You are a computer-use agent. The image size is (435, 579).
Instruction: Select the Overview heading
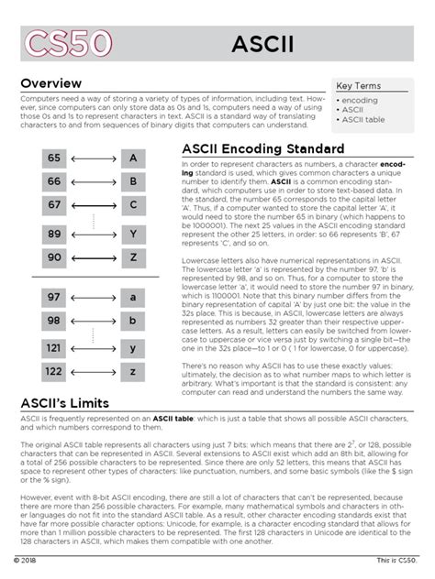(x=57, y=83)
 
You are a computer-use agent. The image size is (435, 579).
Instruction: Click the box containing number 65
(x=54, y=158)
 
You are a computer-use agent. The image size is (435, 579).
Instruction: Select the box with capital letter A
(x=133, y=158)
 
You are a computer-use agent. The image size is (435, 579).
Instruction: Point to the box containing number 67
(x=54, y=204)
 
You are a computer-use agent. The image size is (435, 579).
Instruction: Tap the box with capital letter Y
(x=133, y=235)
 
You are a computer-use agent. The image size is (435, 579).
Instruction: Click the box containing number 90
(x=54, y=257)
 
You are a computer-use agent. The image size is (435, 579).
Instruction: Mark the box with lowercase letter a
(x=133, y=298)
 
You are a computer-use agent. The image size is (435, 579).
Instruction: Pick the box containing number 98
(x=54, y=321)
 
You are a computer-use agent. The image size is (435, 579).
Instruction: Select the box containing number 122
(x=54, y=372)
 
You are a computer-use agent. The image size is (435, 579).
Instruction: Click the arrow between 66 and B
(x=94, y=181)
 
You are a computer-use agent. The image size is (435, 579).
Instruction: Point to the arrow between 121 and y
(x=94, y=349)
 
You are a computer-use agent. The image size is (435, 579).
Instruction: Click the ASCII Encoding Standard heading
(x=263, y=148)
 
